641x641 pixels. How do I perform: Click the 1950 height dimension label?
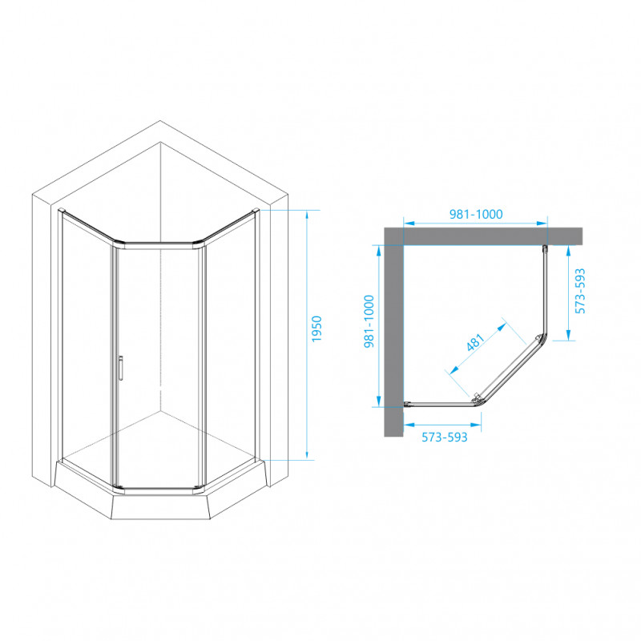coord(316,329)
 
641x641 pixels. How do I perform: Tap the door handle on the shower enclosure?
coord(121,368)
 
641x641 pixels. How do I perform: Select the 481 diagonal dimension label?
coord(475,342)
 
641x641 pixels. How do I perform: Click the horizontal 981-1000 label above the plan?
coord(476,214)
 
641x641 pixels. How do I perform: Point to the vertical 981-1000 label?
coord(369,321)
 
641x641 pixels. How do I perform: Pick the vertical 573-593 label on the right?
coord(580,291)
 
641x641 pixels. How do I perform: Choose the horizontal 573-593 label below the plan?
coord(445,437)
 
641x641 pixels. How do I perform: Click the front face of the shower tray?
coord(160,507)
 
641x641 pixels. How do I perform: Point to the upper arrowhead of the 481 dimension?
coord(502,327)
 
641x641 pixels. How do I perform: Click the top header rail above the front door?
coord(159,245)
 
